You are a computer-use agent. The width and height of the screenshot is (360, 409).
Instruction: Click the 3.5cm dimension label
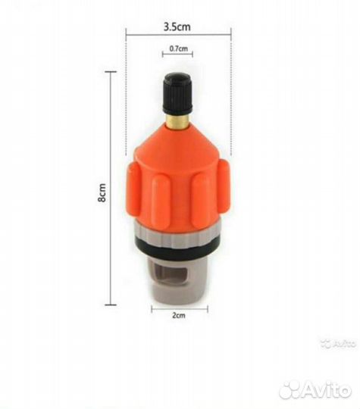click(177, 27)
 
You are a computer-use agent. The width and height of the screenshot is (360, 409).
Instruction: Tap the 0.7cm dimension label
click(179, 48)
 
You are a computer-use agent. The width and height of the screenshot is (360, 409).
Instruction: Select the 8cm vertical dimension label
click(102, 192)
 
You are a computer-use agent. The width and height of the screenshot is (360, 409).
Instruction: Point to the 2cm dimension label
click(179, 315)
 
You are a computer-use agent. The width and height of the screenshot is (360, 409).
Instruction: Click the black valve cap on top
click(178, 92)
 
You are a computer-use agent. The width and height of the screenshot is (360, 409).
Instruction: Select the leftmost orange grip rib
click(133, 190)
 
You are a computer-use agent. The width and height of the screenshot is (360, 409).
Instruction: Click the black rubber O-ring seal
click(179, 246)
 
